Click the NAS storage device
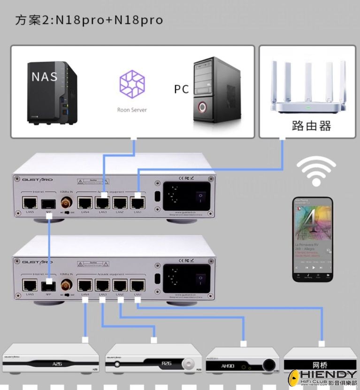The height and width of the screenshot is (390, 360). pos(51,94)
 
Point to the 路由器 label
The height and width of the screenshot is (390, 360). pos(311,125)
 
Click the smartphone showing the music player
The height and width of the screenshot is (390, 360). pos(313,240)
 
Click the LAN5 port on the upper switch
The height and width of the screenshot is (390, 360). pos(31,203)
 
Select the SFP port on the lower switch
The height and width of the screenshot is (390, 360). pos(48,285)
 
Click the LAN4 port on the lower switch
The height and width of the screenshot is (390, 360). pos(85,285)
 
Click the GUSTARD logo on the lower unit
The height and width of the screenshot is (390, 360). pos(37,261)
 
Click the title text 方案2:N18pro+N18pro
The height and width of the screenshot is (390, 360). pos(89,20)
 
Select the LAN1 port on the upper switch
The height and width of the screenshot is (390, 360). pos(138,203)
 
